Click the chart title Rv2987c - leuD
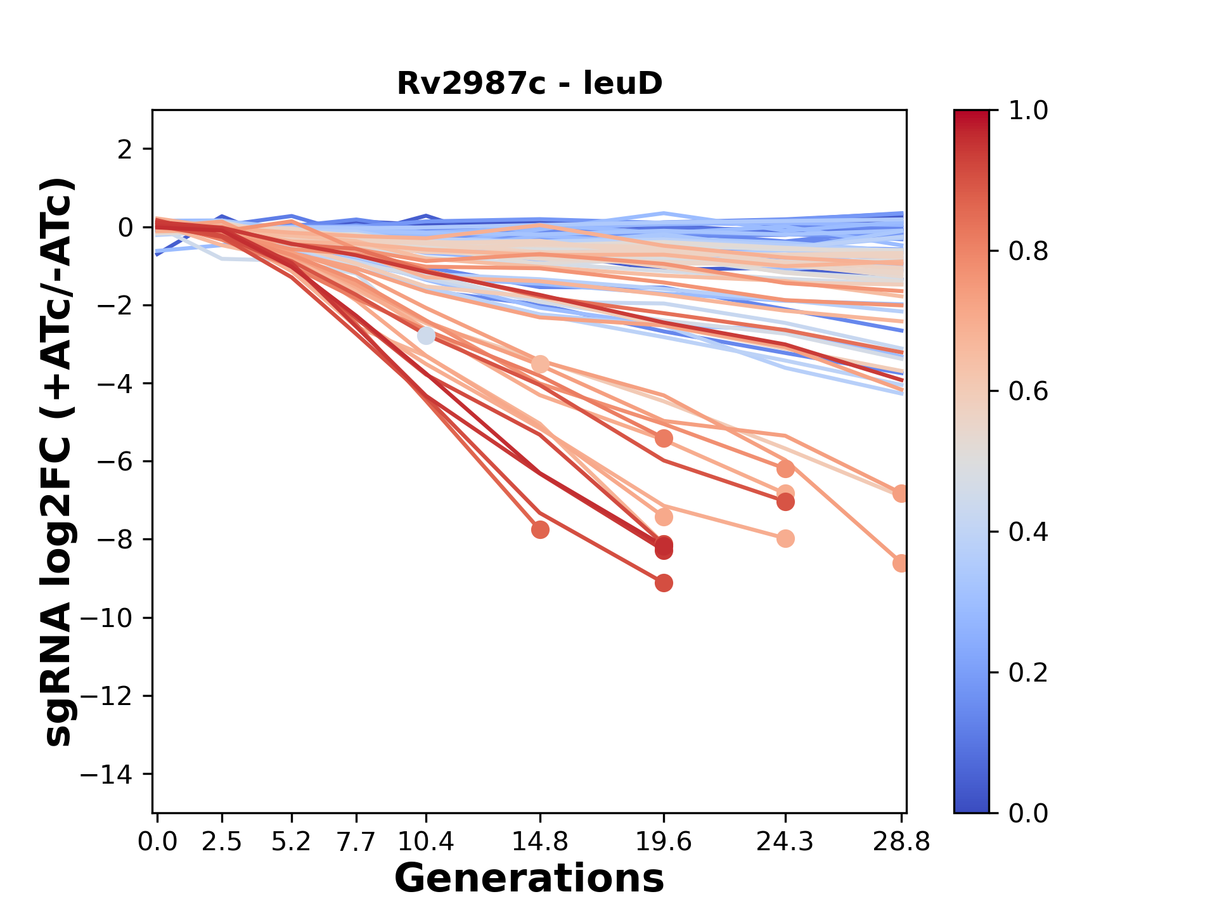click(x=529, y=84)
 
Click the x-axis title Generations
click(x=529, y=879)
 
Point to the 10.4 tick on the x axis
click(x=426, y=842)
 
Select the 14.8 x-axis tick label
click(x=540, y=842)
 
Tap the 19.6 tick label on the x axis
click(x=664, y=842)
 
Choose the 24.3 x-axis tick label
click(x=785, y=842)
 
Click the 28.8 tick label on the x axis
click(x=901, y=842)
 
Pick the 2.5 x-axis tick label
click(x=222, y=842)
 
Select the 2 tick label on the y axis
click(x=125, y=150)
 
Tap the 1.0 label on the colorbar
click(x=1028, y=111)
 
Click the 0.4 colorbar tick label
click(x=1028, y=532)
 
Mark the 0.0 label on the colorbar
click(x=1028, y=813)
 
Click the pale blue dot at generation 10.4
click(x=426, y=335)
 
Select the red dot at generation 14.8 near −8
click(x=540, y=529)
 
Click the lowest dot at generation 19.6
click(x=664, y=583)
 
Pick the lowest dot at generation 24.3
click(x=785, y=539)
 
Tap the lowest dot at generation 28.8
click(x=901, y=563)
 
